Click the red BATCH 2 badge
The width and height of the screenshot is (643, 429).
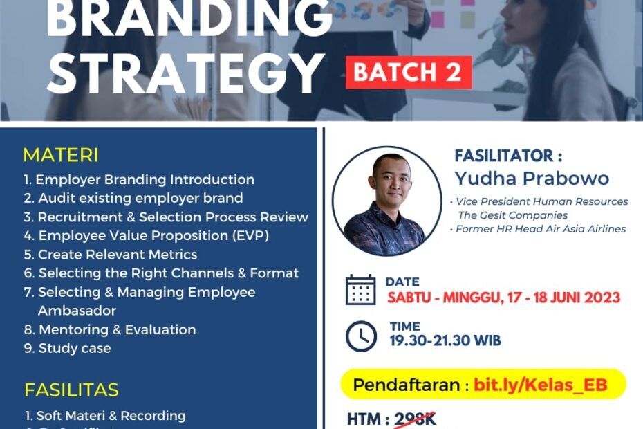click(409, 73)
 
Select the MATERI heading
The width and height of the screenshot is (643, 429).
click(61, 154)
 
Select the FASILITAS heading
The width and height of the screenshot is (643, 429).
click(71, 390)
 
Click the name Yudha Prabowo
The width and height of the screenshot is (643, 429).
click(532, 179)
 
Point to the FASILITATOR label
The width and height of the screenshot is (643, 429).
click(504, 156)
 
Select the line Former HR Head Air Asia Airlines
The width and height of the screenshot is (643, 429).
click(540, 228)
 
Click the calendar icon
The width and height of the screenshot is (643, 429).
click(360, 290)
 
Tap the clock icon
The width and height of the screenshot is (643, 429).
click(361, 336)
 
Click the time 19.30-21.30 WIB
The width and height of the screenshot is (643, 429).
click(445, 340)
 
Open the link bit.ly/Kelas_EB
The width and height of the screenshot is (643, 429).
click(540, 385)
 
